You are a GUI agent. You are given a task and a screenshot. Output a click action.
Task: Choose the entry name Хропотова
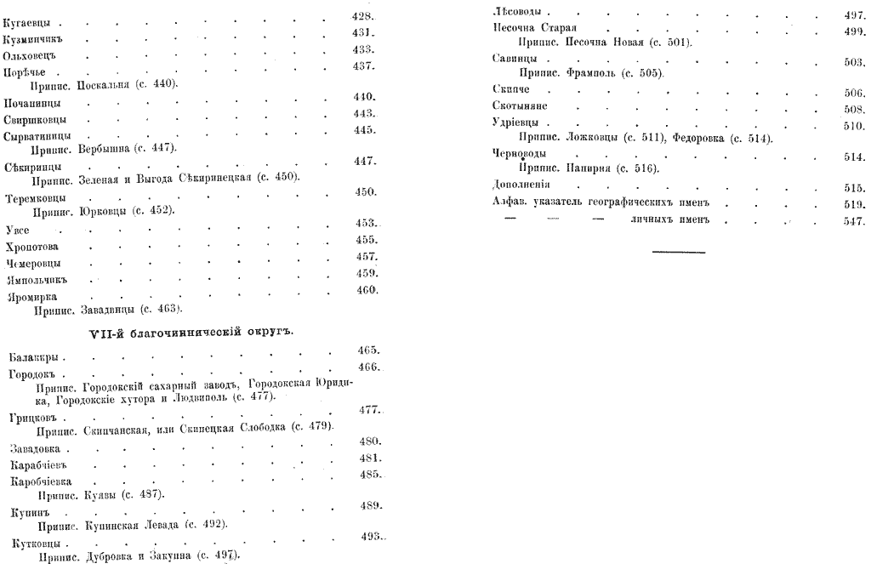coord(31,247)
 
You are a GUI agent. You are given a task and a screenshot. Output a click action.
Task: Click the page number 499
coord(853,30)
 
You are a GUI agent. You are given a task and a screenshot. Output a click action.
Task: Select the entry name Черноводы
coord(517,154)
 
